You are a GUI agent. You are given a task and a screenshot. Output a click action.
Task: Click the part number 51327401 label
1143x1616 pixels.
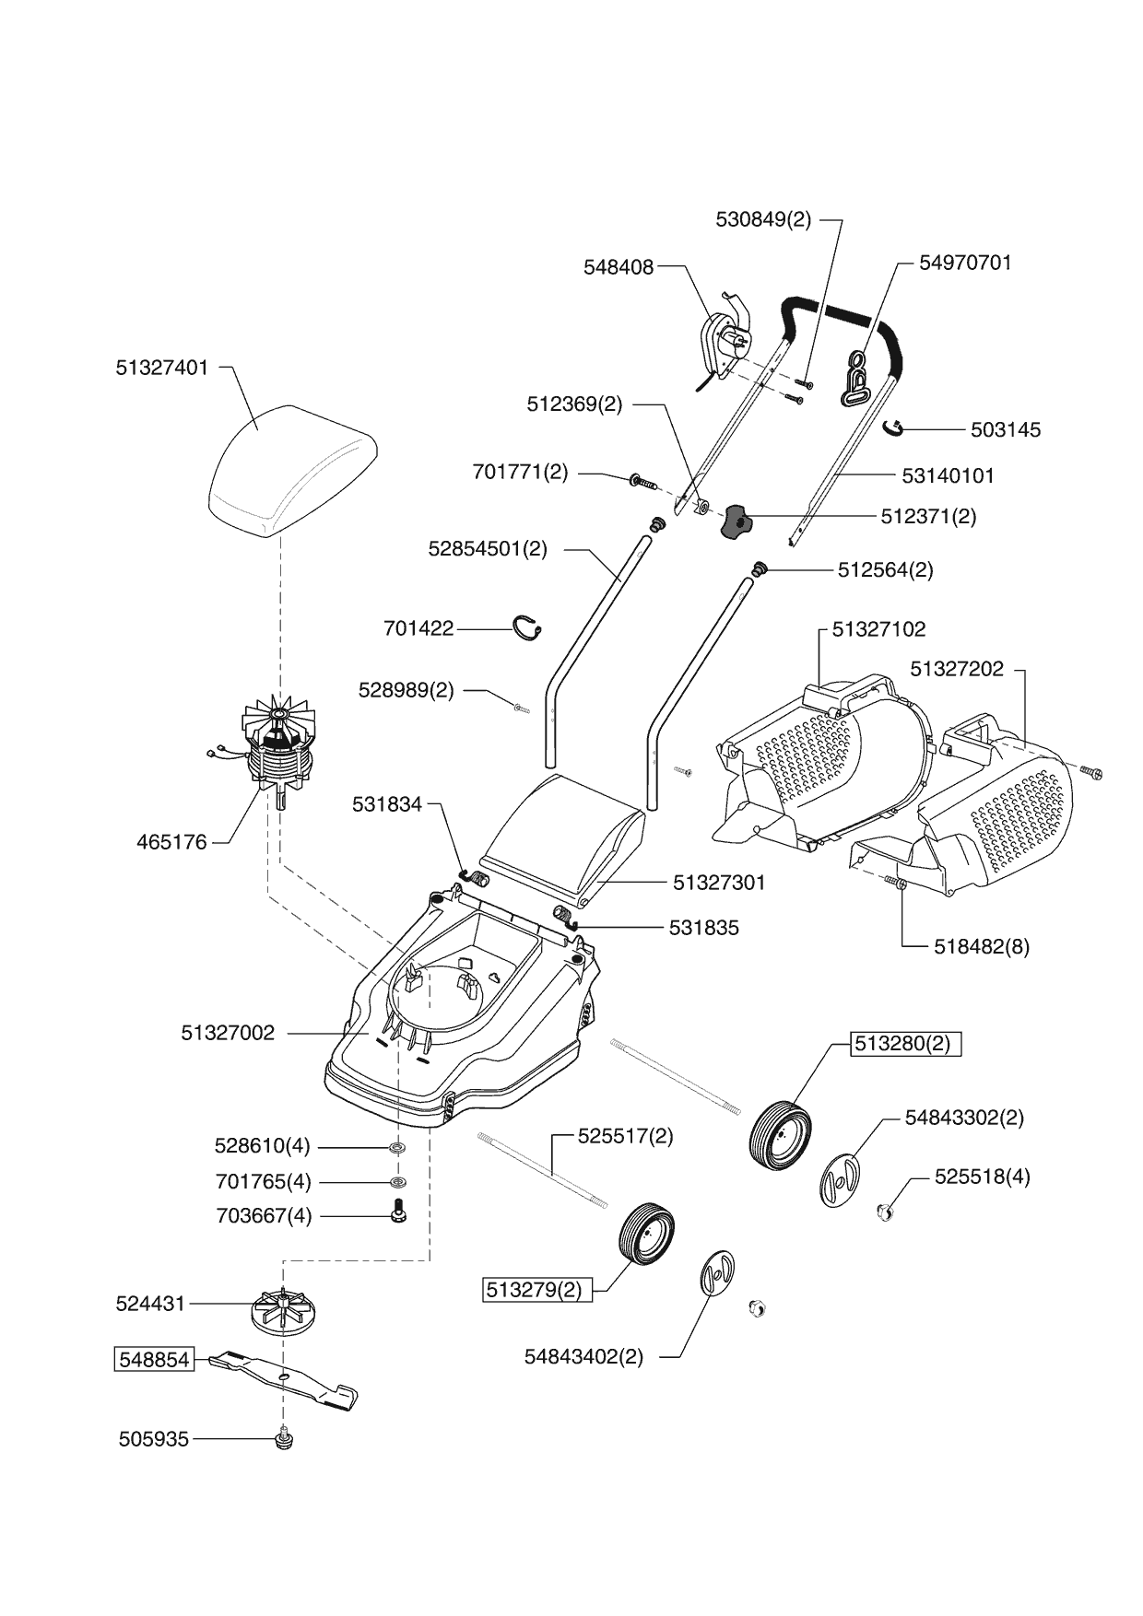click(x=162, y=368)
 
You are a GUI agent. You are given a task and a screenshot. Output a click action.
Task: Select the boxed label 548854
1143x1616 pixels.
click(x=154, y=1359)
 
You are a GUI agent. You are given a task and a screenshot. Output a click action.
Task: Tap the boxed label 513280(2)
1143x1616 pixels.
click(x=904, y=1044)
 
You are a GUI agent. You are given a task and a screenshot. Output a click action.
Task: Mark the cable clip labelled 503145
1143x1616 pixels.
click(x=892, y=427)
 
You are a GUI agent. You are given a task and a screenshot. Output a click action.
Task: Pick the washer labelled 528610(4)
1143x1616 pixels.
click(x=398, y=1147)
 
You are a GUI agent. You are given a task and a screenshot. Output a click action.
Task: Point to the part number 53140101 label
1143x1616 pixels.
click(x=948, y=475)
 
